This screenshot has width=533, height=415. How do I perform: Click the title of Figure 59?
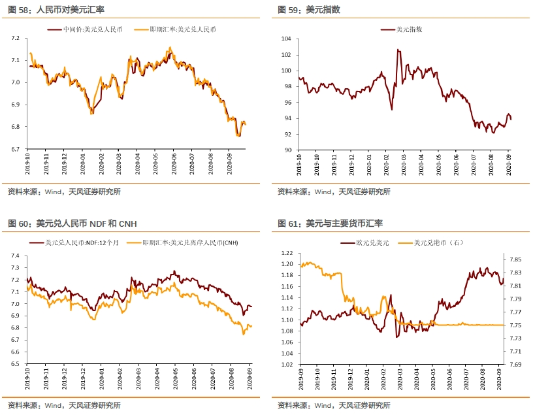click(x=308, y=10)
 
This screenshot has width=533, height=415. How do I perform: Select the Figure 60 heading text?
click(x=73, y=224)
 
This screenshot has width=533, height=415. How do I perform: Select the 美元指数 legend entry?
click(x=410, y=30)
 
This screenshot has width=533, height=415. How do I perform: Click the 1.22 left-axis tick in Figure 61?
click(x=286, y=252)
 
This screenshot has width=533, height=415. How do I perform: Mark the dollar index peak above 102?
click(x=398, y=50)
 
